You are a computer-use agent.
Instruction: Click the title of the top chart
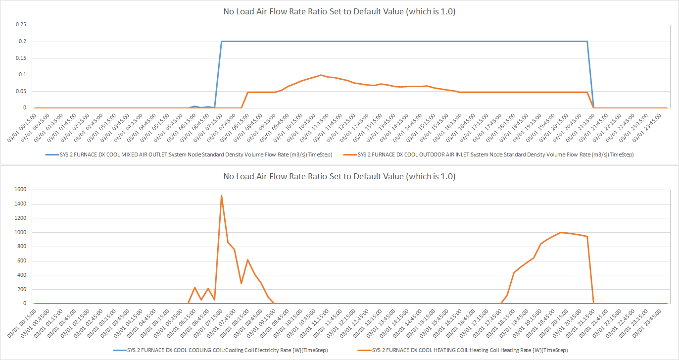339,12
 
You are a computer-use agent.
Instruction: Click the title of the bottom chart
339,176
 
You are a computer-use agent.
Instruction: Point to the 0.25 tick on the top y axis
20,24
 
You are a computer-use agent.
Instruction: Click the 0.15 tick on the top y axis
20,58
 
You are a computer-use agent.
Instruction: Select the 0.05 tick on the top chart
20,91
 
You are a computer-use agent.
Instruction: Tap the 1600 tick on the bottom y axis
20,189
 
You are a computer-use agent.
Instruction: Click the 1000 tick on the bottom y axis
20,232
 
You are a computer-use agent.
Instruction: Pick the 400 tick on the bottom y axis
20,275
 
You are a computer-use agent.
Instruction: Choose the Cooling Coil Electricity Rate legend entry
220,350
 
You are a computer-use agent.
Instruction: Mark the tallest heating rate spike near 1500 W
221,196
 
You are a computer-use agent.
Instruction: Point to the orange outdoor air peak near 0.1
321,75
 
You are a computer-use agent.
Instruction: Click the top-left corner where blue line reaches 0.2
221,42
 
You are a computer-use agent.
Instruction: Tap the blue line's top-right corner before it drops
587,42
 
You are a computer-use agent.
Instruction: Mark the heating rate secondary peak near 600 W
247,260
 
